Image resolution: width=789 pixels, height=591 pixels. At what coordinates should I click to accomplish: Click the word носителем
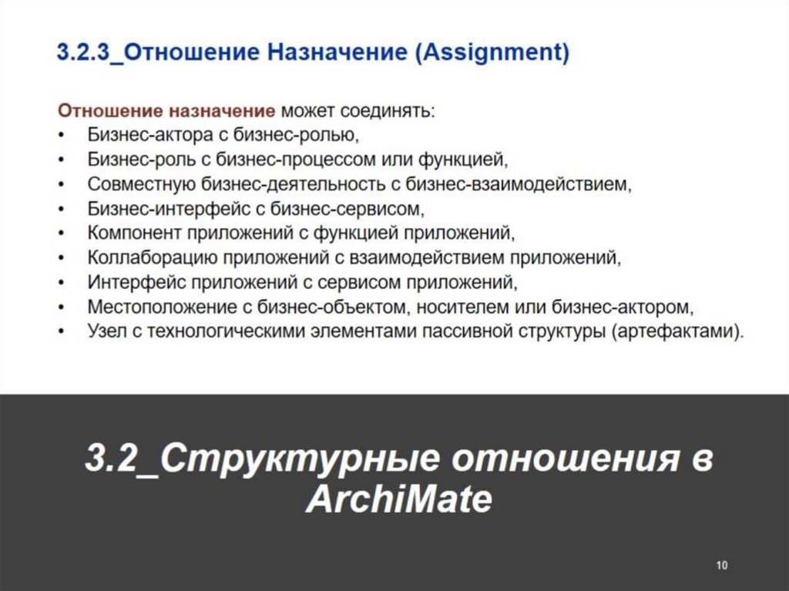click(457, 306)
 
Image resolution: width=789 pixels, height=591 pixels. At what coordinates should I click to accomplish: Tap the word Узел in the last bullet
click(106, 331)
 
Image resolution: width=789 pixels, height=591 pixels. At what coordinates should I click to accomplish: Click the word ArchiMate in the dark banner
click(398, 501)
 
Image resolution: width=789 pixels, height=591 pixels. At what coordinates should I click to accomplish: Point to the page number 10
click(722, 565)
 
